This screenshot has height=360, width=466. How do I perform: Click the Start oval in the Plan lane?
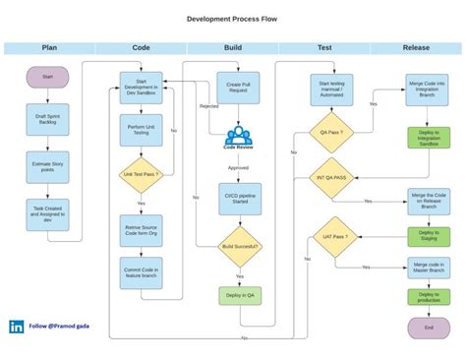pyautogui.click(x=48, y=78)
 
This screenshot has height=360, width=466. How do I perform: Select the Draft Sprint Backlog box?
pyautogui.click(x=48, y=120)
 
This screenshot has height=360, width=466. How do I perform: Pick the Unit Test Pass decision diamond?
pyautogui.click(x=141, y=174)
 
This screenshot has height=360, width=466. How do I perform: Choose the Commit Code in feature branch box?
pyautogui.click(x=141, y=273)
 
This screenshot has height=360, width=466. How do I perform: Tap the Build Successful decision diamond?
pyautogui.click(x=239, y=246)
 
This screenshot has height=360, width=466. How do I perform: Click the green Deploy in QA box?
pyautogui.click(x=239, y=295)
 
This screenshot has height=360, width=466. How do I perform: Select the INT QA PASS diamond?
pyautogui.click(x=332, y=178)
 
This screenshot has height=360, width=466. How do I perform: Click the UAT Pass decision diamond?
pyautogui.click(x=332, y=237)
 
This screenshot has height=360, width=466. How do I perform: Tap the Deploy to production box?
pyautogui.click(x=428, y=297)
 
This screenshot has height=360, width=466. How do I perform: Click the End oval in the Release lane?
pyautogui.click(x=428, y=327)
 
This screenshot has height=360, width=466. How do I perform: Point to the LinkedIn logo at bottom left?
pyautogui.click(x=17, y=327)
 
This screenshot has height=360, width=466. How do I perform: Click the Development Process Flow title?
pyautogui.click(x=233, y=19)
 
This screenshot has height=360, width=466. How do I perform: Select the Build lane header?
pyautogui.click(x=233, y=47)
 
